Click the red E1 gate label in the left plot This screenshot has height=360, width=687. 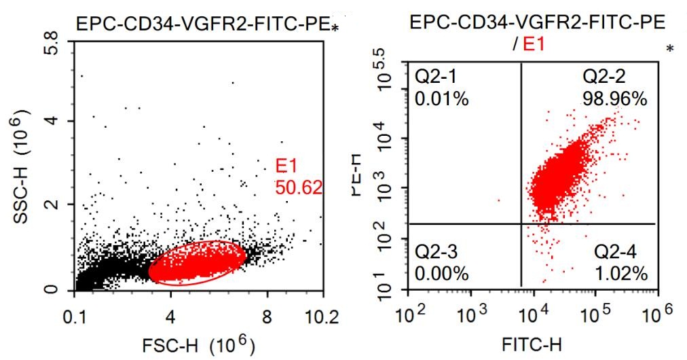(x=285, y=165)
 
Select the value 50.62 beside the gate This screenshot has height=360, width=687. (x=298, y=187)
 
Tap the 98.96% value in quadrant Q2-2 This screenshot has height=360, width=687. (x=614, y=99)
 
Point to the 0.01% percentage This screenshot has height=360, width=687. (x=442, y=99)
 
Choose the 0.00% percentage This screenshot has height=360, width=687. (x=442, y=274)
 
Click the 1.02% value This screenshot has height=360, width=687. (x=620, y=274)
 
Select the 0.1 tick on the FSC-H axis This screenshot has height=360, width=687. (x=75, y=317)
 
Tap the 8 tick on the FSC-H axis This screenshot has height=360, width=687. (x=267, y=317)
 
